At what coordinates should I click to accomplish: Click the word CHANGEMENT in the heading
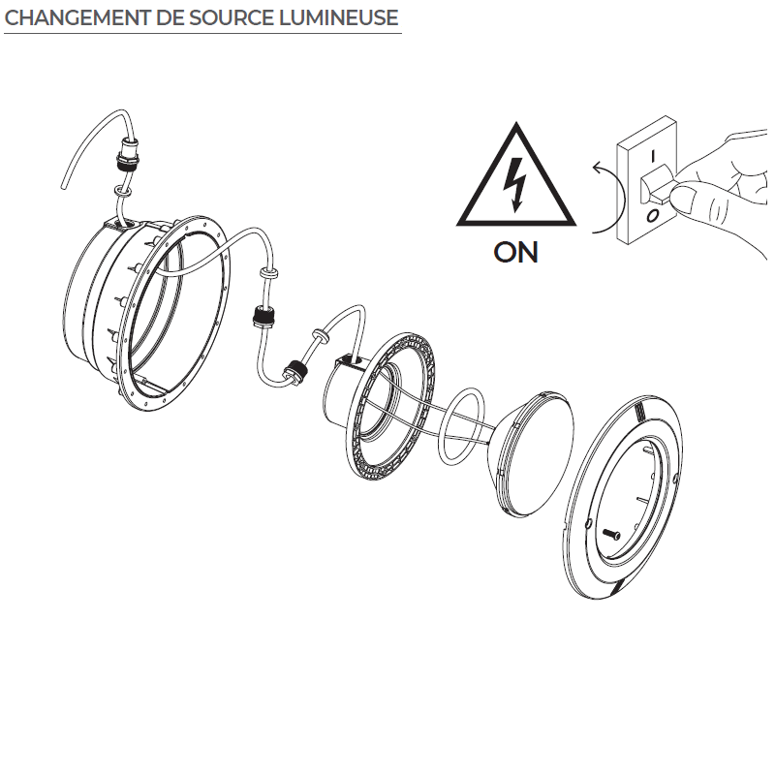click(x=77, y=17)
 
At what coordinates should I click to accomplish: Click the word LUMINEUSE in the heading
click(x=339, y=17)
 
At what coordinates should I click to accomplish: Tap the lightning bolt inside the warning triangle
click(x=514, y=184)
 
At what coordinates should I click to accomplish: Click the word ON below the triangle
click(x=515, y=252)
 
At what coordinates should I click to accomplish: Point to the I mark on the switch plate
click(x=653, y=157)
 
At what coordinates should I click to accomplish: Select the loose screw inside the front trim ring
click(x=612, y=534)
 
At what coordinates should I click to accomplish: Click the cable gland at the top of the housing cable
click(x=128, y=154)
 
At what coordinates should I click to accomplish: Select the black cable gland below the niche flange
click(x=263, y=318)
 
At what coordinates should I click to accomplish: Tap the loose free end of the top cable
click(x=64, y=186)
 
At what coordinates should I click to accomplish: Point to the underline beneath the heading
click(x=202, y=34)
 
